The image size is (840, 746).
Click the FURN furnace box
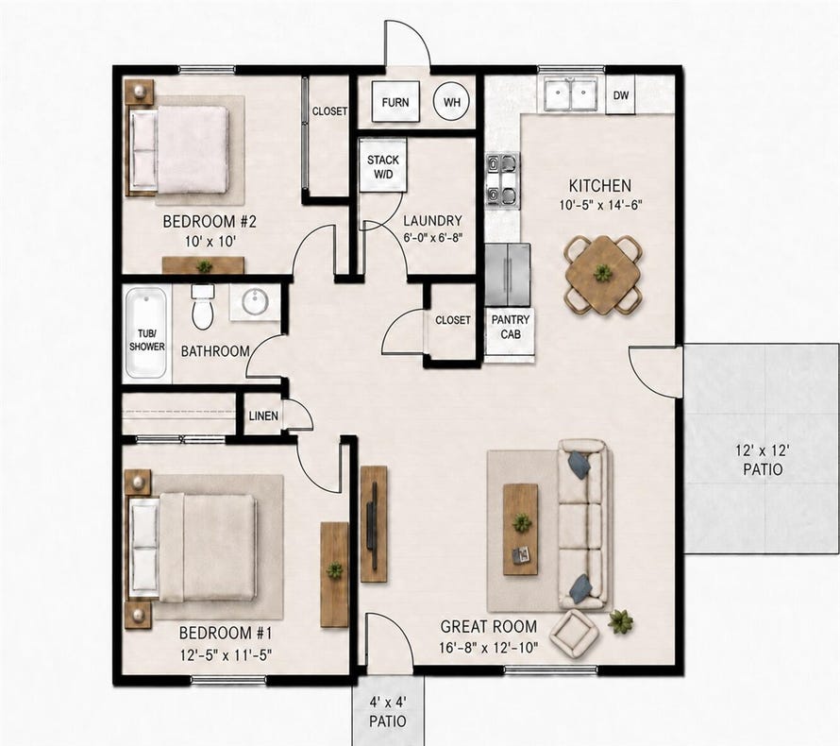[x=395, y=102]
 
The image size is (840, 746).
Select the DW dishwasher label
[x=621, y=95]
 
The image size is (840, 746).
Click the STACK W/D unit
[x=383, y=165]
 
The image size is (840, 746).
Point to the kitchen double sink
[x=571, y=93]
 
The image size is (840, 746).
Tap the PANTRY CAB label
[x=511, y=327]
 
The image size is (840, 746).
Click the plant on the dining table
[x=603, y=273]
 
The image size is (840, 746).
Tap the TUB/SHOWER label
[x=147, y=340]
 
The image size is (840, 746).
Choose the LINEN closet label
[x=263, y=415]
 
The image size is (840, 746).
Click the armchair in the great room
[x=576, y=636]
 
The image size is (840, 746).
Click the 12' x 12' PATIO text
[x=763, y=461]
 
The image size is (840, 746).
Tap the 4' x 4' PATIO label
[x=388, y=711]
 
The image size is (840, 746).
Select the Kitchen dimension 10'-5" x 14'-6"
[x=599, y=205]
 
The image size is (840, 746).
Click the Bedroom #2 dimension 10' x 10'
[x=210, y=241]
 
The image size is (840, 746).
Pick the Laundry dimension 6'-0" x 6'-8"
[x=433, y=237]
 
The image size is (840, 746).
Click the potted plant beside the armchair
[x=620, y=621]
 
